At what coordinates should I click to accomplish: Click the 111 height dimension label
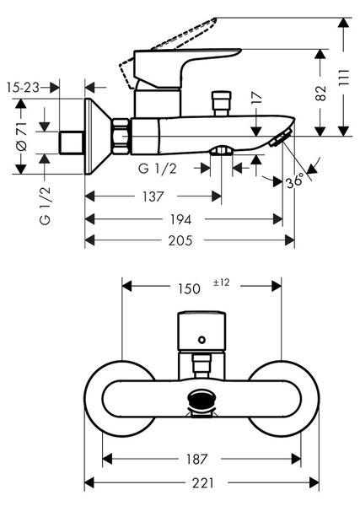click(344, 77)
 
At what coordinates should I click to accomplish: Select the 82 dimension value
click(320, 94)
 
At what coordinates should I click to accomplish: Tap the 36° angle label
click(295, 180)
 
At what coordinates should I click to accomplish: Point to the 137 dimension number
click(153, 196)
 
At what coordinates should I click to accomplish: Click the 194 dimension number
click(181, 220)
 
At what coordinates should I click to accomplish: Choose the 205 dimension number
click(180, 240)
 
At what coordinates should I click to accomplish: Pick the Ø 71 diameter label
click(22, 136)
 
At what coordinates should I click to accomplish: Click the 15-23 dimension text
click(23, 87)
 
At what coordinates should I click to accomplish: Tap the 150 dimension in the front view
click(189, 288)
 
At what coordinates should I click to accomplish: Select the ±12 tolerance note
click(221, 283)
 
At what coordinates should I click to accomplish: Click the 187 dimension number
click(196, 459)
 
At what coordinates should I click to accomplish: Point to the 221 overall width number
click(203, 483)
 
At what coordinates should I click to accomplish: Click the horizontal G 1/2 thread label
click(158, 169)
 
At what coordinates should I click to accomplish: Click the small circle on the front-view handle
click(202, 340)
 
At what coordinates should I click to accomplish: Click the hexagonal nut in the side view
click(121, 136)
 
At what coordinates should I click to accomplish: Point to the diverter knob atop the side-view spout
click(221, 103)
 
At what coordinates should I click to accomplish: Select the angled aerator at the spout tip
click(281, 137)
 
